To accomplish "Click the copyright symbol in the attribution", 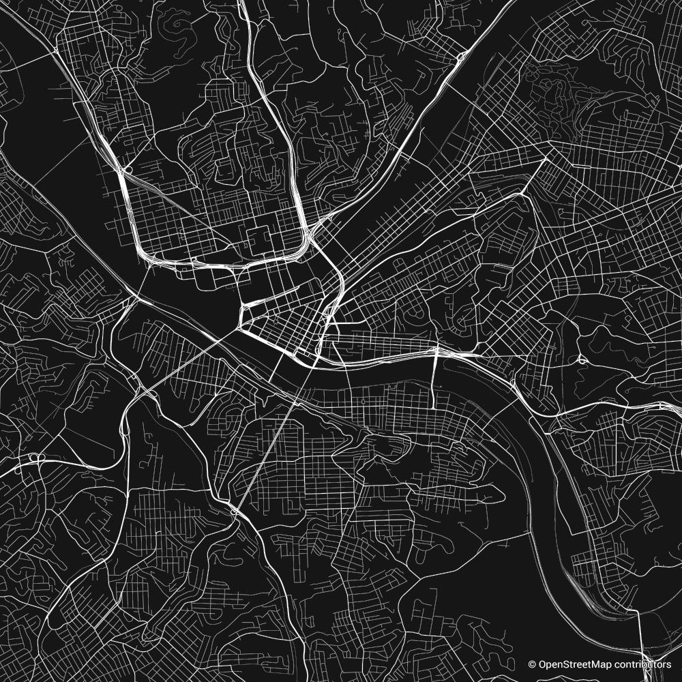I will coord(532,664).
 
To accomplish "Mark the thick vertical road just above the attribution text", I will coord(642,638).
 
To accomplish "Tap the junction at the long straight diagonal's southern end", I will coord(235,511).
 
